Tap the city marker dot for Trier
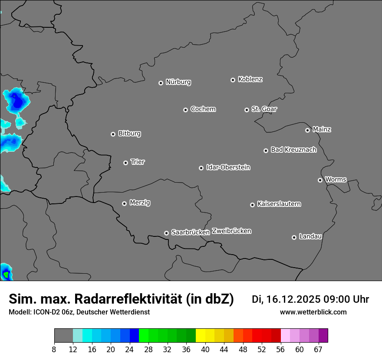[x=125, y=163]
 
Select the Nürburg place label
[x=178, y=82]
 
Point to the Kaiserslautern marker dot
[x=252, y=205]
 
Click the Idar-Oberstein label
[x=228, y=167]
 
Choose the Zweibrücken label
[x=231, y=231]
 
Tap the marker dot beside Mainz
[x=307, y=130]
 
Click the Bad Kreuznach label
[x=293, y=150]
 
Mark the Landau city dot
[x=294, y=237]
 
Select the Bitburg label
[x=129, y=134]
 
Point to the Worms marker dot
[x=320, y=180]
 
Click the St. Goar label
[x=264, y=109]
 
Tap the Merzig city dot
[x=124, y=203]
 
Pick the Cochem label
[x=203, y=109]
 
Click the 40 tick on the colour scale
[x=205, y=349]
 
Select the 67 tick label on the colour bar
[x=318, y=349]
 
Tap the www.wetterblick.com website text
[x=313, y=312]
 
